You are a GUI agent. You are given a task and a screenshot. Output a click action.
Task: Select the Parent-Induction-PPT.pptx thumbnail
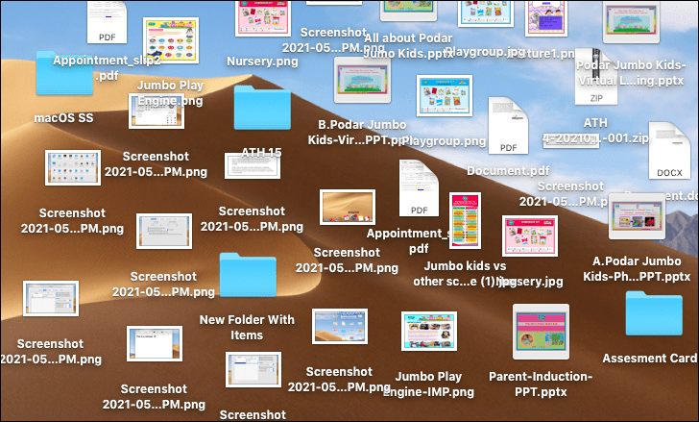point(541,333)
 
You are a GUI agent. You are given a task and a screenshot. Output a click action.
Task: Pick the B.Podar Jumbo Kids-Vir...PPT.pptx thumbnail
point(361,80)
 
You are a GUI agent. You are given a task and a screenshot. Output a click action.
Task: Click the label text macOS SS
point(63,118)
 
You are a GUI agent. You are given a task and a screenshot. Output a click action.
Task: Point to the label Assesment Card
point(650,359)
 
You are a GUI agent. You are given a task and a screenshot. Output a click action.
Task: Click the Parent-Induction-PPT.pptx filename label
point(541,385)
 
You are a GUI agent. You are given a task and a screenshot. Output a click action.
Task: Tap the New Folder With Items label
point(247,327)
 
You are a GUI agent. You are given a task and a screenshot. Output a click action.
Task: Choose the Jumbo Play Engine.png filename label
point(170,92)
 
